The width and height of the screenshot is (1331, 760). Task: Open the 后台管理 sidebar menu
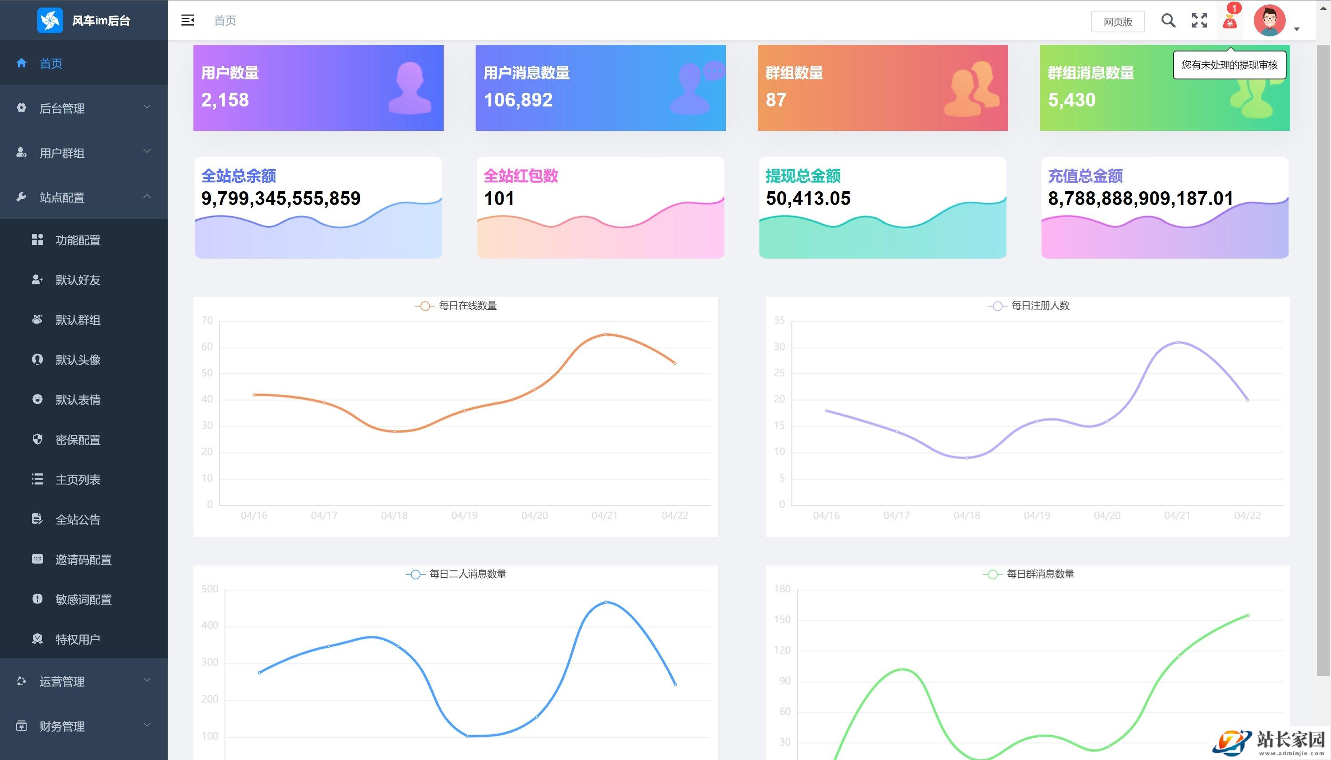click(x=62, y=109)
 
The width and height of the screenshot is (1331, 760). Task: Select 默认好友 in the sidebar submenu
click(x=78, y=280)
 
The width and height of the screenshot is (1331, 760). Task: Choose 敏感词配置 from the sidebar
click(x=83, y=600)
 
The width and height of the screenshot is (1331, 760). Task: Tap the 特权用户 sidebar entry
click(x=78, y=639)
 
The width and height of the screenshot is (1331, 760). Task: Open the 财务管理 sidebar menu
click(x=62, y=726)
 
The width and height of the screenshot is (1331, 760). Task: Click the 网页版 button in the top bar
click(x=1118, y=22)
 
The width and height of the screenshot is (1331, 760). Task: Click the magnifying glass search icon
click(x=1168, y=21)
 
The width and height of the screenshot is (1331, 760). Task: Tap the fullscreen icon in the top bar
click(x=1199, y=21)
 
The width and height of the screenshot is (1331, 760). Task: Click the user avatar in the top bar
click(x=1269, y=21)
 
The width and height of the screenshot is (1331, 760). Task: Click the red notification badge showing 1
click(x=1234, y=8)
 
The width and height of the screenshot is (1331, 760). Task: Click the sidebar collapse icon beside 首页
click(x=187, y=20)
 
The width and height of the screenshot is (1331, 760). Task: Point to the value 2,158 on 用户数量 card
click(x=225, y=100)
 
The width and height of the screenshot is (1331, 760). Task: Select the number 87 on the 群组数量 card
click(x=776, y=100)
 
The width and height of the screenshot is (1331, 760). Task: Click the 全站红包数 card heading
click(x=520, y=176)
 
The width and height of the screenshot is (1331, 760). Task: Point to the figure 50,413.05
click(x=808, y=198)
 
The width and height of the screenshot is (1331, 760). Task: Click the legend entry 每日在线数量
click(x=467, y=306)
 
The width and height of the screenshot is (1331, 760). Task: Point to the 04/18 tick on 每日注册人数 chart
click(x=967, y=516)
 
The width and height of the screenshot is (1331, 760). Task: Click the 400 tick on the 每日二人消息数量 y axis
click(x=210, y=625)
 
